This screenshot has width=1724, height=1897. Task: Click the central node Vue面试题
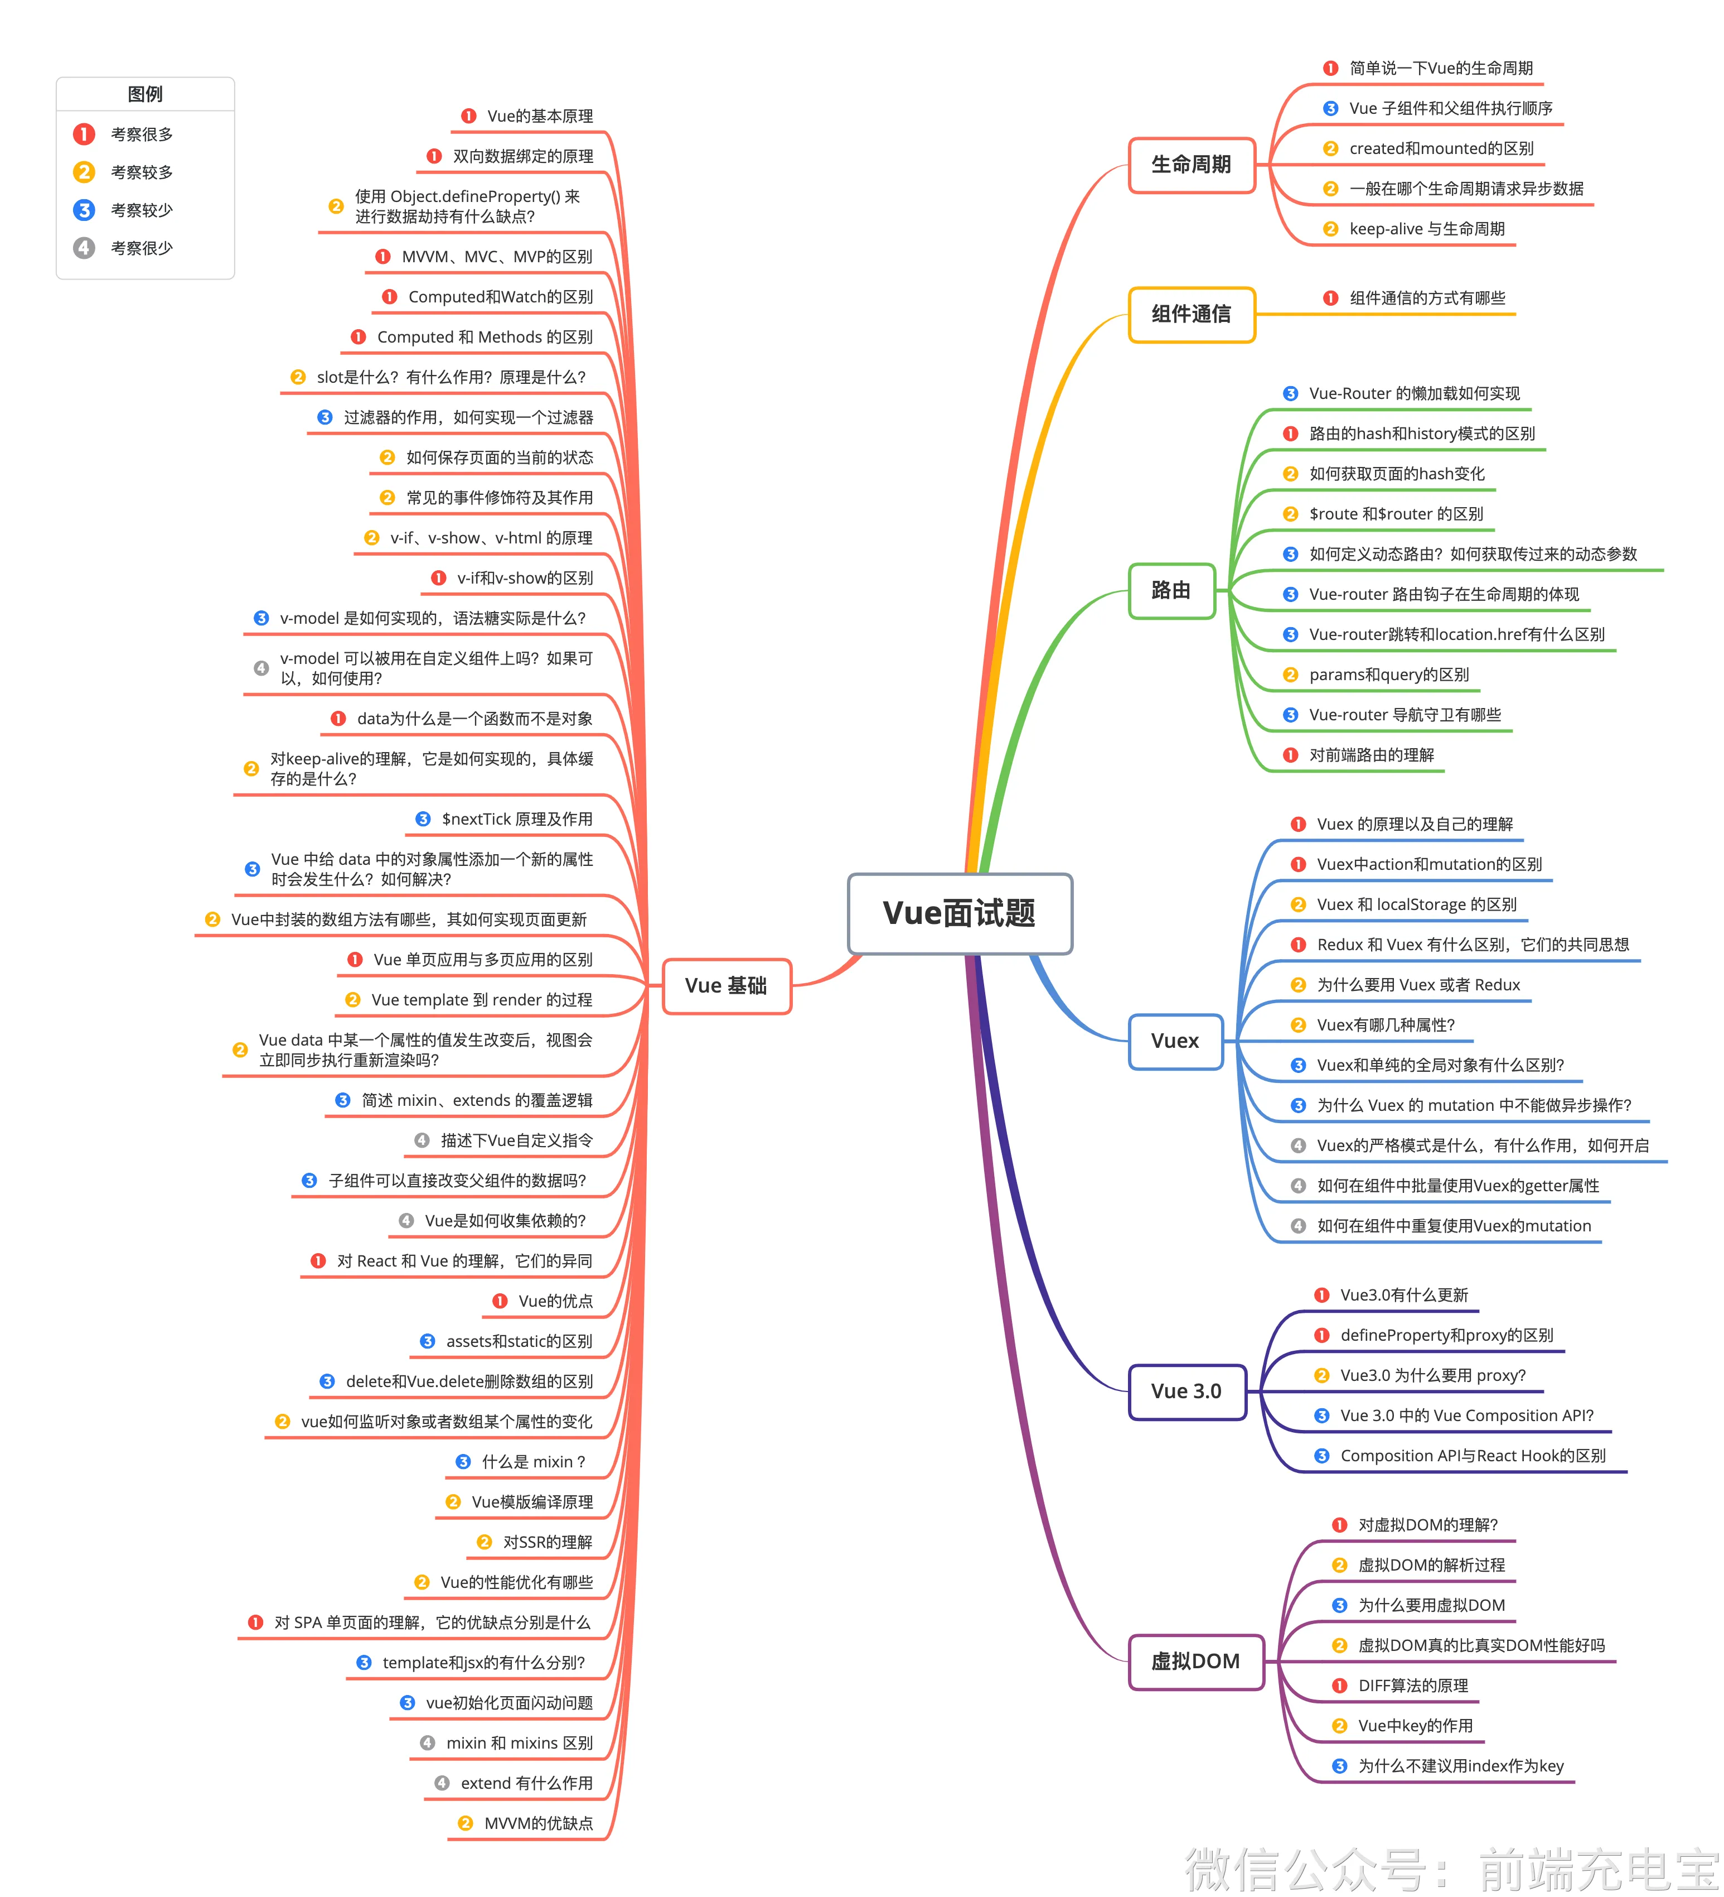point(960,913)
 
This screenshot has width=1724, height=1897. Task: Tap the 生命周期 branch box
point(1192,165)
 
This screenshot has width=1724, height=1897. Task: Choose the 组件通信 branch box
point(1192,314)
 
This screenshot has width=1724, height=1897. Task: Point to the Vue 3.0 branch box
point(1187,1391)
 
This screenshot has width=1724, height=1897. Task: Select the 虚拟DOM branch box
point(1197,1661)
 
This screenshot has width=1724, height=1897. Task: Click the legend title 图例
point(145,94)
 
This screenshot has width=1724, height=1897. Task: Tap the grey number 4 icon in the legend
point(84,248)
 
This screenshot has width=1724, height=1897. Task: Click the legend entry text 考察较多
point(142,172)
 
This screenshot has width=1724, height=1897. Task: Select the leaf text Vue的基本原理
point(540,115)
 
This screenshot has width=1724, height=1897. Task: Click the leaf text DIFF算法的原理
point(1413,1686)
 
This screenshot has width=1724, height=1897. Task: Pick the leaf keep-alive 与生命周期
point(1427,229)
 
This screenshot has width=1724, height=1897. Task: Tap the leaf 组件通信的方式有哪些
point(1427,298)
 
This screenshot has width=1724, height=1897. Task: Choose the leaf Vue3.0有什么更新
point(1403,1295)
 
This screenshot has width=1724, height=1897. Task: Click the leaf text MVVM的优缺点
point(538,1823)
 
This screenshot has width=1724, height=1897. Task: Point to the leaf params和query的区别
point(1388,675)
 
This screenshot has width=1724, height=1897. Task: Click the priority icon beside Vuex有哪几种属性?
point(1298,1025)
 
